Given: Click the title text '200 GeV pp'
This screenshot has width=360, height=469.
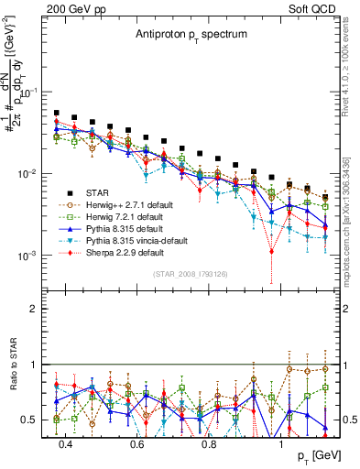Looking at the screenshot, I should (x=70, y=9).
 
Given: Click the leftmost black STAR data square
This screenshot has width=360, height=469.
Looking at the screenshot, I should (x=57, y=114).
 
